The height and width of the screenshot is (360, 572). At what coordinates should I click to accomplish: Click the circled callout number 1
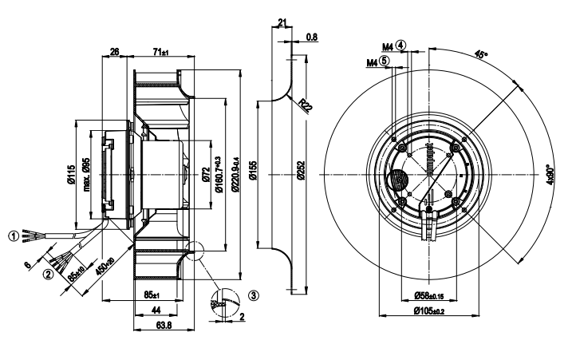pos(13,235)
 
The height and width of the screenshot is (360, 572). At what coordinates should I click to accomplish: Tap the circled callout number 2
pos(48,274)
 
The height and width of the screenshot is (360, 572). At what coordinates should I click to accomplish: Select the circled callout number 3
pos(254,295)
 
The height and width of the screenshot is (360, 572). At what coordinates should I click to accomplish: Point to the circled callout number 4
pos(400,45)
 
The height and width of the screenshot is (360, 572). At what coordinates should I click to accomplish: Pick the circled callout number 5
pos(385,60)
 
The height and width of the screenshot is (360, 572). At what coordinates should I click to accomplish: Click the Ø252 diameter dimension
pos(301,176)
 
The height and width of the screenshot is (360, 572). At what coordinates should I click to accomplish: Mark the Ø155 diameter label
pos(252,177)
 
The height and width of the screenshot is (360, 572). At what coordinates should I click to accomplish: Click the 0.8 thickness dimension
pos(312,37)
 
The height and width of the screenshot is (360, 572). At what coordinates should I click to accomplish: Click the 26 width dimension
pos(114,53)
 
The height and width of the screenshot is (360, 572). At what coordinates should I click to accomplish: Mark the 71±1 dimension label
pos(160,53)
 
